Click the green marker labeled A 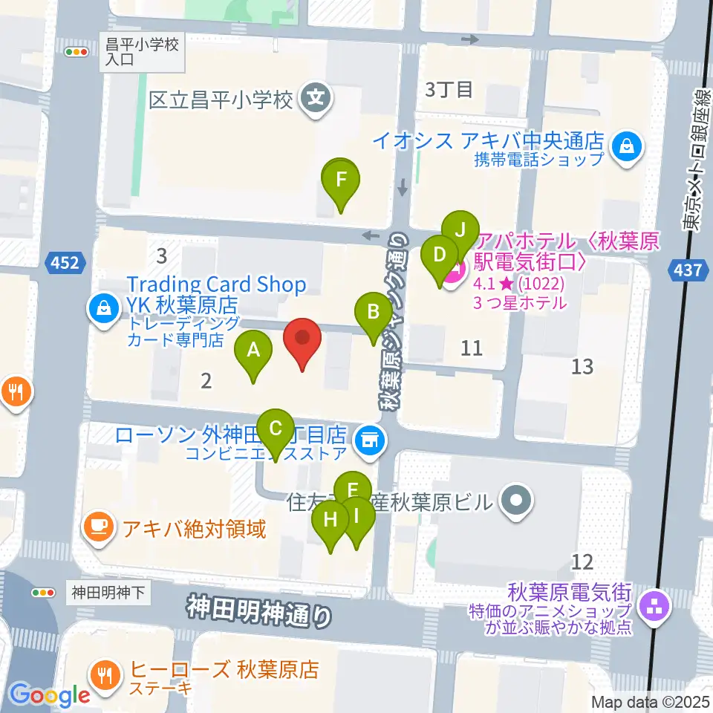[x=253, y=349]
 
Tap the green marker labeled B [x=374, y=312]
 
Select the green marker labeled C [x=276, y=429]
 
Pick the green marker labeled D [x=439, y=255]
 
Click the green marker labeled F [x=341, y=179]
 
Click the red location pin [x=303, y=339]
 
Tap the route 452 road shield [x=65, y=261]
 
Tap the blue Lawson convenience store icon [x=368, y=440]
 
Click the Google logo [x=50, y=695]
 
